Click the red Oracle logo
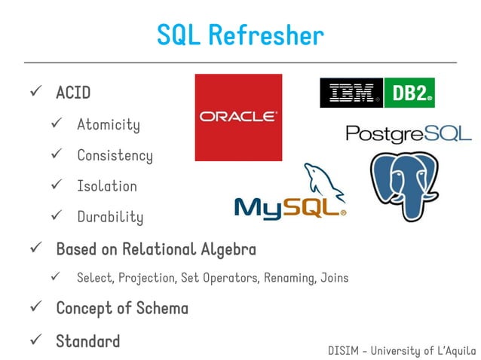click(237, 117)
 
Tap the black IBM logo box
click(351, 93)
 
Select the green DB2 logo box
click(409, 93)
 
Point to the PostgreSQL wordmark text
click(408, 133)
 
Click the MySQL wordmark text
click(290, 209)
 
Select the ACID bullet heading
click(73, 93)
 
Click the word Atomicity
click(108, 124)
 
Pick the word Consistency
click(115, 156)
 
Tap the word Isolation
click(107, 186)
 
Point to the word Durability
click(110, 218)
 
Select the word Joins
click(333, 278)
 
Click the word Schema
click(161, 308)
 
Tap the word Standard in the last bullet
click(87, 340)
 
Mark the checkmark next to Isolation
click(55, 186)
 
